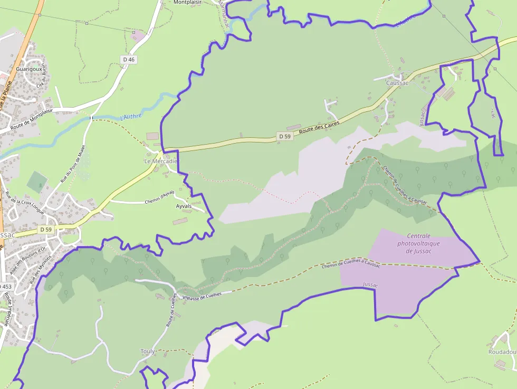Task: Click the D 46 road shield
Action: click(129, 60)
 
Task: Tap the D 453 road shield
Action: click(5, 286)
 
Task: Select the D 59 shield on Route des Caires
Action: click(284, 137)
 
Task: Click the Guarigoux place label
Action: click(29, 69)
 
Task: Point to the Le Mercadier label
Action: click(161, 160)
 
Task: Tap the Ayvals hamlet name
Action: click(184, 206)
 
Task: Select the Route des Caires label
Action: click(318, 127)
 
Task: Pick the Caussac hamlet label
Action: click(397, 83)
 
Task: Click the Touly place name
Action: click(148, 351)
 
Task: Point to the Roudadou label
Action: click(502, 352)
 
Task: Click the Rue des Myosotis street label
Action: click(42, 270)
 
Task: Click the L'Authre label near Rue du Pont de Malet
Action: click(131, 116)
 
